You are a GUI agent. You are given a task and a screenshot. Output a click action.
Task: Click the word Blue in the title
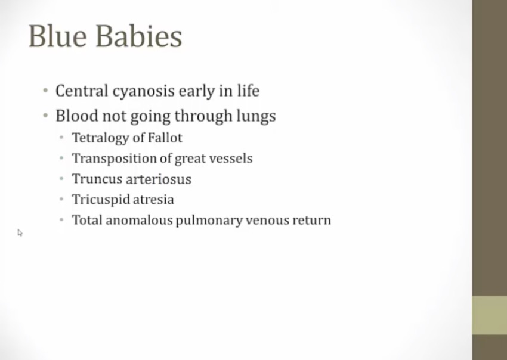click(x=58, y=36)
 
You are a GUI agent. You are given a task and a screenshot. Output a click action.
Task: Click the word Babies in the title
click(x=139, y=36)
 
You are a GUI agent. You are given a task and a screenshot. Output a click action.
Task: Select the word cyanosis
click(x=144, y=92)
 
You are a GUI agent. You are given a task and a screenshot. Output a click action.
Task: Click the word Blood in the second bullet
click(x=76, y=116)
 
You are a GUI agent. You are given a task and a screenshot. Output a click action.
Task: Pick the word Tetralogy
click(x=101, y=138)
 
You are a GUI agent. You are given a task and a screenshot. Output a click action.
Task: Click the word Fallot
click(x=165, y=138)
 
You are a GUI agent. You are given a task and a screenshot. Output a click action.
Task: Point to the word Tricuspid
click(x=101, y=200)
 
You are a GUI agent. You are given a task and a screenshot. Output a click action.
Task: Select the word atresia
click(x=153, y=200)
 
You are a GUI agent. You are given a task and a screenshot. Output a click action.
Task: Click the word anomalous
click(x=140, y=220)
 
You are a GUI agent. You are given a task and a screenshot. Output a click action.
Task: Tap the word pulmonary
click(x=209, y=221)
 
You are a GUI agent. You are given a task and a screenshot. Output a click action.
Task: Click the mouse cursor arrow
click(x=20, y=232)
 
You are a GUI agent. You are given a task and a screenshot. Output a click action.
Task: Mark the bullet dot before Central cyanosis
click(x=45, y=90)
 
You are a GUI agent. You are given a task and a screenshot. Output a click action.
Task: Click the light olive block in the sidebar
click(x=490, y=315)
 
